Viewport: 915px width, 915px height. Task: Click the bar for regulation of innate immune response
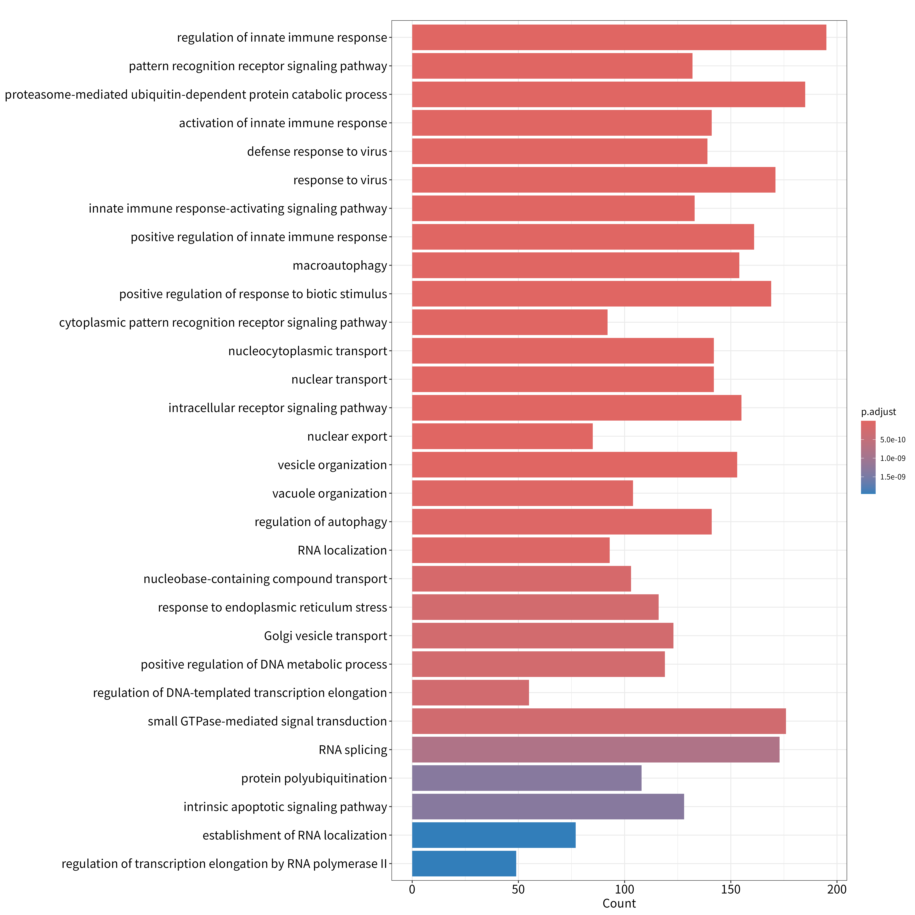tap(619, 37)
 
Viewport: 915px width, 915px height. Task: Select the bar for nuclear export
tap(502, 436)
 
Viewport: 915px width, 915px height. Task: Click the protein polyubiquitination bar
tap(527, 778)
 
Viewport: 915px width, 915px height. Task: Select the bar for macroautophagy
tap(575, 265)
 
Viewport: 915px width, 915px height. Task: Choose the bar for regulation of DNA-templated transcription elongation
tap(470, 692)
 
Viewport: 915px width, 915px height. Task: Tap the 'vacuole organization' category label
tap(330, 493)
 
